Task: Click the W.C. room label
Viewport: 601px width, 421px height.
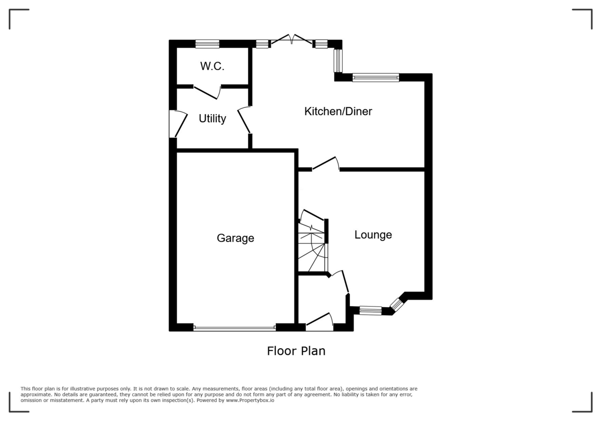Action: (x=212, y=67)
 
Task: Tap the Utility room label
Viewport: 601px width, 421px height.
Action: (x=212, y=119)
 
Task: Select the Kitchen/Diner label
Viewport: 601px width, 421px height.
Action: (x=338, y=111)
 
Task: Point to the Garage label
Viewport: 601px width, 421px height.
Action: (x=235, y=238)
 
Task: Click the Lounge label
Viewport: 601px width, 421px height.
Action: (x=373, y=235)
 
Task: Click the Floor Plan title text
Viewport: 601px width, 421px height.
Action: (x=296, y=351)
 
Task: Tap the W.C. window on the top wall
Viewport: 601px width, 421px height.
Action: (x=207, y=44)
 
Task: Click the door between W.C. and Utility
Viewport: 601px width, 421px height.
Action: (x=207, y=92)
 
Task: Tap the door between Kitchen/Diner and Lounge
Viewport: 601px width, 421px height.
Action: (x=326, y=164)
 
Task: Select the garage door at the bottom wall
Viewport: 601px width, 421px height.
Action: (x=234, y=328)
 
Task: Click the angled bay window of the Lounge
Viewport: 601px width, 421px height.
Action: (x=397, y=304)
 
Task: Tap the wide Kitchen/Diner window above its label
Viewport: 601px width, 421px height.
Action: (x=376, y=77)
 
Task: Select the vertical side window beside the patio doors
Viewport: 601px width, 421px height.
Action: (x=338, y=61)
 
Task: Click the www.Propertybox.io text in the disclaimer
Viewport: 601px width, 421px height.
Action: (x=248, y=400)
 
